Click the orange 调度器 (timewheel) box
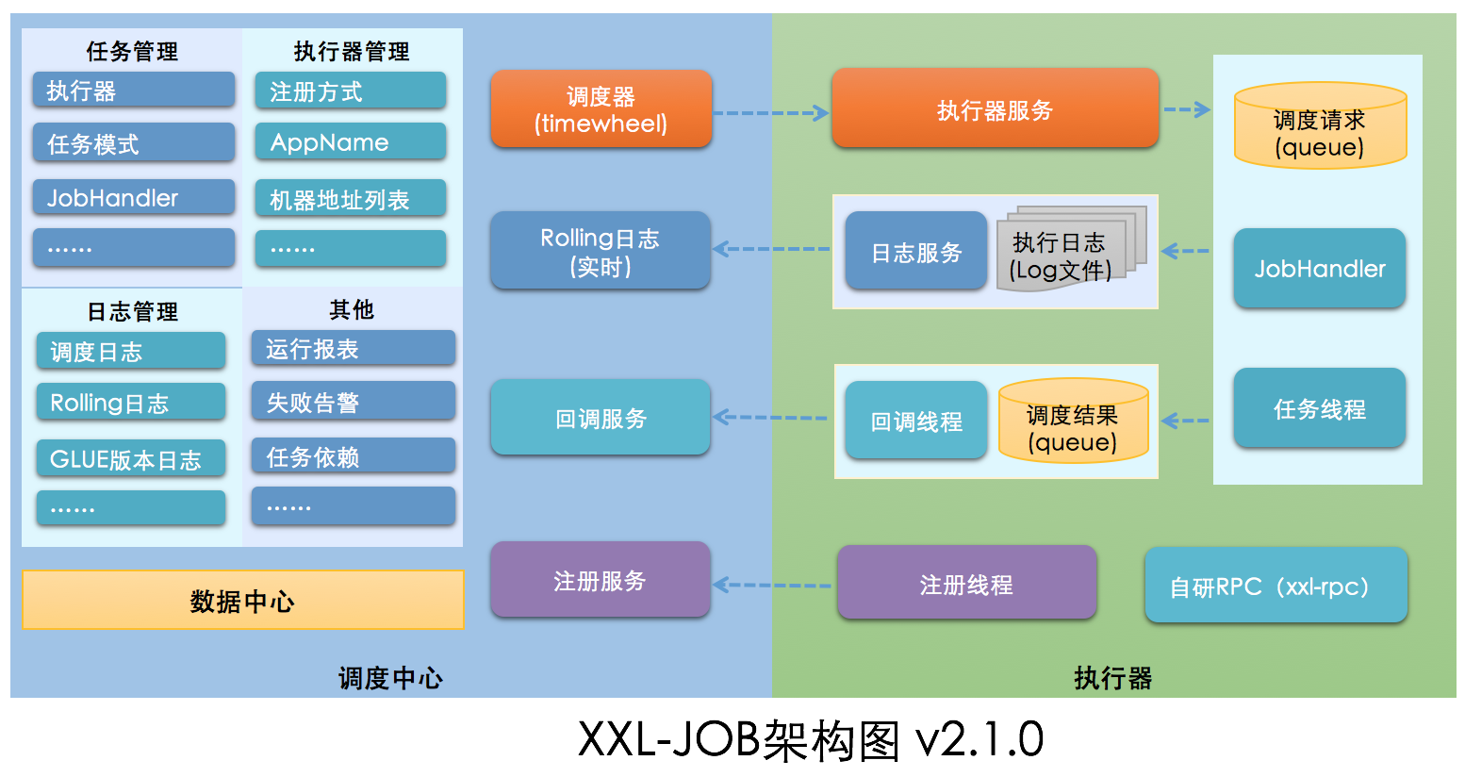[601, 109]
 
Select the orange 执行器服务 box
[995, 109]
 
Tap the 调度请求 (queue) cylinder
[1320, 127]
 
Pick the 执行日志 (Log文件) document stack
[1065, 252]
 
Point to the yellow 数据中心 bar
[243, 600]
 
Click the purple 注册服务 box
[600, 580]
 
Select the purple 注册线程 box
[966, 584]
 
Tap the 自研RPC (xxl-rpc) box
[1276, 586]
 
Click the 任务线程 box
[1319, 408]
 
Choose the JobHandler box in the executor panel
[1319, 269]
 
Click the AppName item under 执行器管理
[350, 142]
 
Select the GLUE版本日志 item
[131, 459]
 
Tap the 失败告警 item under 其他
[353, 403]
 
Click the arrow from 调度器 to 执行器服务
[770, 113]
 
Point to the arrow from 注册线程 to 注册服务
[772, 586]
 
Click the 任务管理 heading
[132, 51]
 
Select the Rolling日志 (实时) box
[600, 251]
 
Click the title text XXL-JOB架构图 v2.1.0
[810, 739]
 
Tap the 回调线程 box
[915, 422]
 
